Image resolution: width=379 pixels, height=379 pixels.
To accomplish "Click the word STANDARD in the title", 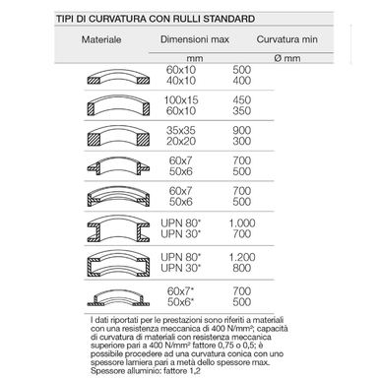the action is coord(228,19).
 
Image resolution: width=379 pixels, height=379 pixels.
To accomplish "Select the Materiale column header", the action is coord(101,39).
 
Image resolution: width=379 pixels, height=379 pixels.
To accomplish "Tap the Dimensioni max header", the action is coord(195,39).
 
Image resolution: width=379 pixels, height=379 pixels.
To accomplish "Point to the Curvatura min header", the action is coord(287,39).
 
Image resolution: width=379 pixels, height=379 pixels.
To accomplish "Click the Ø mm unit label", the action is coord(287,58).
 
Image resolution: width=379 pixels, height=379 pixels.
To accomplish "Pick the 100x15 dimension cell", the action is coord(181,100).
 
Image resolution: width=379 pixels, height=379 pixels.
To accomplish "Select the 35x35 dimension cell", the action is coord(181,130).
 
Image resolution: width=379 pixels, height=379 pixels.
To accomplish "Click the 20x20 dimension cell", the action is coord(181,141).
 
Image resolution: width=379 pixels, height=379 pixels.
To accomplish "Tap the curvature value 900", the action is coord(242,130).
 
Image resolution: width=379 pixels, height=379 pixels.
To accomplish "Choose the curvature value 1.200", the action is coord(242,257).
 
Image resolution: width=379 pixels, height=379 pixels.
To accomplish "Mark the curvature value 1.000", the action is coord(242,223).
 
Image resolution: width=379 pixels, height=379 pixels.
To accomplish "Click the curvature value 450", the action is coord(242,100).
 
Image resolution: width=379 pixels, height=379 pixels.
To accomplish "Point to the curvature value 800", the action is coord(242,268).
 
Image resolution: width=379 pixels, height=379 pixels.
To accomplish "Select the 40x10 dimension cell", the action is coord(181,81).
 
